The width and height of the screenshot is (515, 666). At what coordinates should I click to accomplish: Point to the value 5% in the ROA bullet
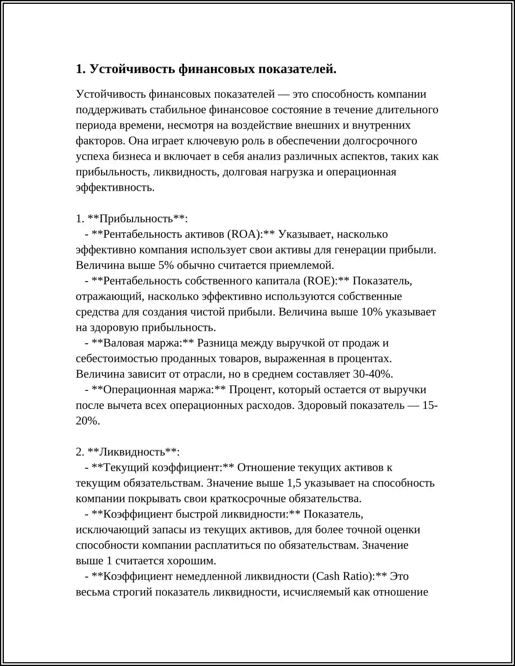coord(166,265)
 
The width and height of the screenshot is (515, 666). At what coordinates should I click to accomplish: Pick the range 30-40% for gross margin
coord(373,374)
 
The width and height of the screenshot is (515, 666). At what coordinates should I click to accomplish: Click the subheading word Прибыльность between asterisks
coord(136,219)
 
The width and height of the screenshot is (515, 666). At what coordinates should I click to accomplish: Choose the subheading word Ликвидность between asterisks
coord(132,452)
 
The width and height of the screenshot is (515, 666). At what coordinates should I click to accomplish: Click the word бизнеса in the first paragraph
coord(132,157)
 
